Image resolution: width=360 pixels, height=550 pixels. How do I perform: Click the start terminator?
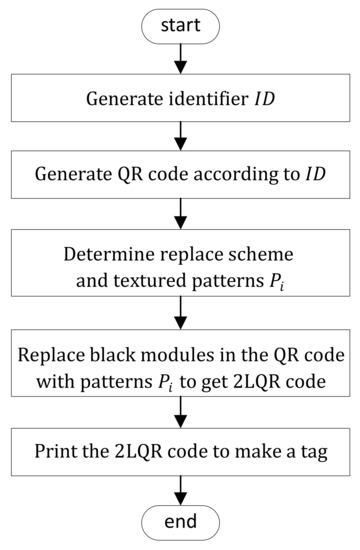[x=179, y=22]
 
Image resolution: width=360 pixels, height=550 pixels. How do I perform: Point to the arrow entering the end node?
[x=179, y=490]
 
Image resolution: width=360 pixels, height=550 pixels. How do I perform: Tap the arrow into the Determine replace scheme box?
[x=179, y=212]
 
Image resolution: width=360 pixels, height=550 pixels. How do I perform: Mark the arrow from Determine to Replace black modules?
[x=179, y=308]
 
